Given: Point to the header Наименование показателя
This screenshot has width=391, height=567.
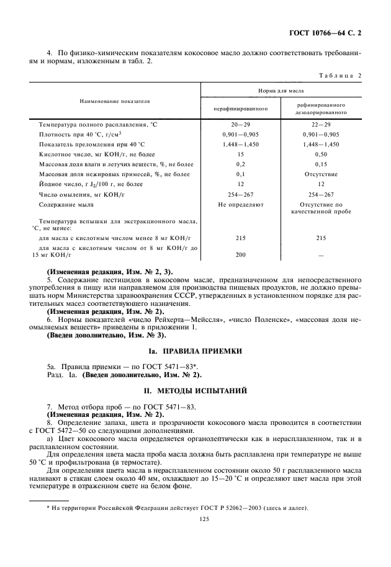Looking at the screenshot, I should [x=115, y=100].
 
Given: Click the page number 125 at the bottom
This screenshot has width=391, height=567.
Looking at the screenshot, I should [x=195, y=520].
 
